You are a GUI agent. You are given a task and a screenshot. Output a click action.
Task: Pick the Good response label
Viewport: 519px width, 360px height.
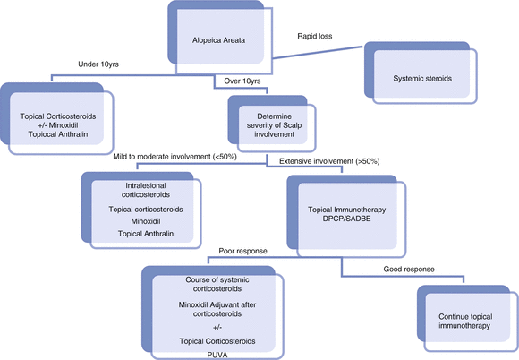tap(396, 268)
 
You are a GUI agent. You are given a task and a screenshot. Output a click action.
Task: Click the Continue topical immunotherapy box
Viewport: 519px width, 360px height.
tap(464, 321)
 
